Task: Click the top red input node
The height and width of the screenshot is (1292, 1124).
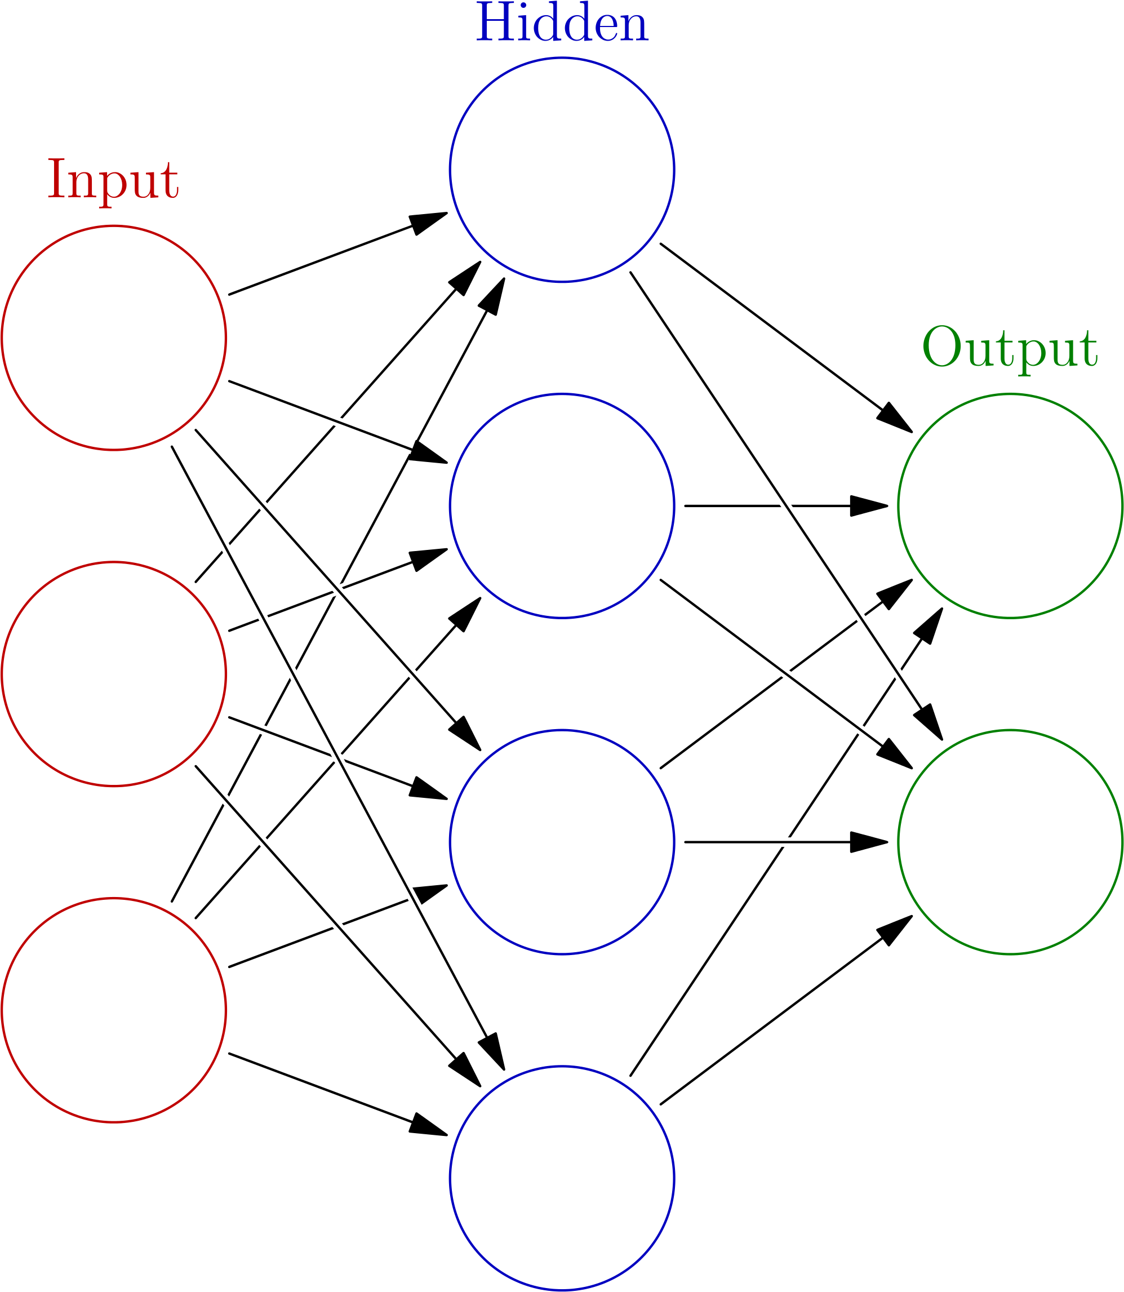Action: tap(114, 338)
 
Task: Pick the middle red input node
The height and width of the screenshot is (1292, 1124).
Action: tap(114, 673)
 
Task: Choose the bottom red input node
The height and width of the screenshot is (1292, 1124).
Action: tap(114, 1009)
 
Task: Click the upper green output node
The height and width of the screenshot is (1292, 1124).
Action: tap(1009, 505)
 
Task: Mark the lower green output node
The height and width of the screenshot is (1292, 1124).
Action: tap(1009, 842)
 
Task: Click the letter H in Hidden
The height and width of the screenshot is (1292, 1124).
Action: tap(492, 24)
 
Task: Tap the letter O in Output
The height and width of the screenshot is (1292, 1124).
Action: tap(941, 347)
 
